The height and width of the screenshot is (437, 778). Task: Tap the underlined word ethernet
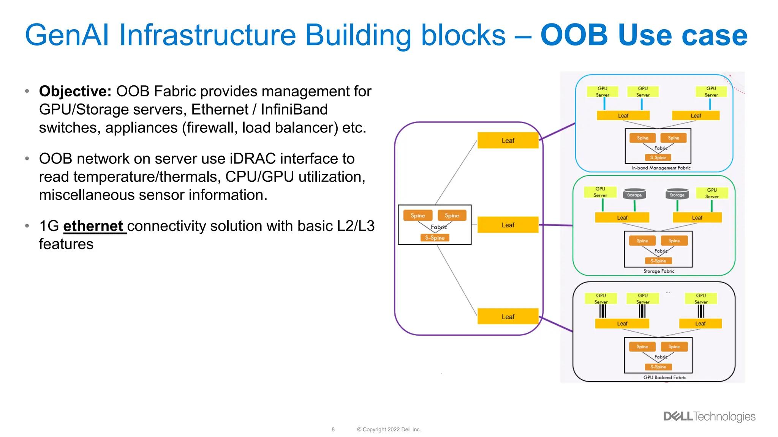click(93, 226)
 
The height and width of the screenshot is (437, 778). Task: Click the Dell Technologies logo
click(709, 417)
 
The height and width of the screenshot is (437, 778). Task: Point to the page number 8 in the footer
click(333, 429)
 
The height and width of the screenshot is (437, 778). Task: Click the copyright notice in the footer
click(389, 429)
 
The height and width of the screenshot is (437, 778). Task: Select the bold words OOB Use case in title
click(644, 35)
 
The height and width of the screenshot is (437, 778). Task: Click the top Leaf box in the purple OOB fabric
click(508, 140)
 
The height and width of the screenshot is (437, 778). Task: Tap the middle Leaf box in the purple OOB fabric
click(508, 225)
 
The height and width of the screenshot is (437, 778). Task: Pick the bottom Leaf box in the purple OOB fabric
click(508, 317)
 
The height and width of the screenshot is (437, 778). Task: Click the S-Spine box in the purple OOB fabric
click(435, 238)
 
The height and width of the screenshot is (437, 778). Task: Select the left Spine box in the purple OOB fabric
click(417, 215)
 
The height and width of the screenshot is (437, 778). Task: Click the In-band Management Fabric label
click(661, 168)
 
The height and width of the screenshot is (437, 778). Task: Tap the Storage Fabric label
click(659, 271)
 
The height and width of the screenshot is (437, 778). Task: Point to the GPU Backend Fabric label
click(664, 377)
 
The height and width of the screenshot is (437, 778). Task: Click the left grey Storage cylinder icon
click(634, 194)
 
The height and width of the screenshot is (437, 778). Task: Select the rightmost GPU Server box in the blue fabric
click(711, 91)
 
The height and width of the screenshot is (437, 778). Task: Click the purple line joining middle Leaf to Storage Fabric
click(556, 225)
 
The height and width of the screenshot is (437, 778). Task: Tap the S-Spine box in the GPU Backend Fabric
click(658, 367)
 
